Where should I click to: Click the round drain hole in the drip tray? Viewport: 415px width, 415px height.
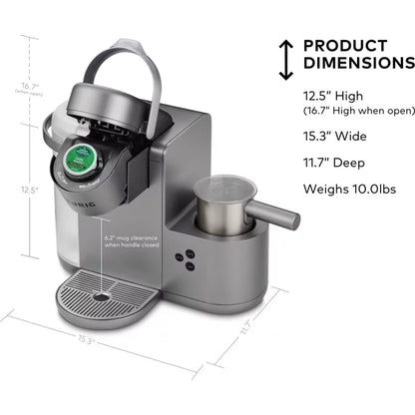pyautogui.click(x=100, y=297)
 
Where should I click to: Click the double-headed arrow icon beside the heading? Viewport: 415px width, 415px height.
pyautogui.click(x=286, y=60)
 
